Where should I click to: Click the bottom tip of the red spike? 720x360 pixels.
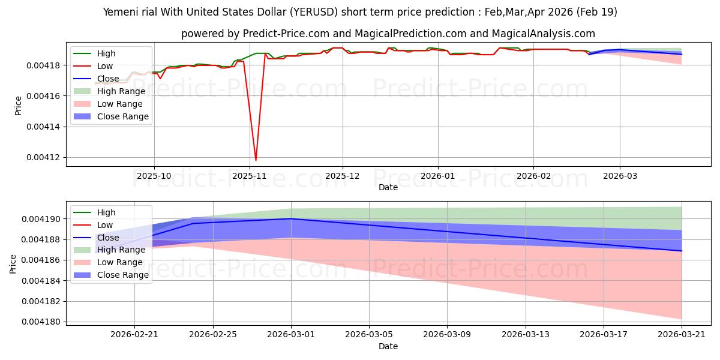[256, 160]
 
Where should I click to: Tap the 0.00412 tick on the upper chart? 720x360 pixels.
[43, 157]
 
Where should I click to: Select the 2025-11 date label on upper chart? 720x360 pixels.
[250, 176]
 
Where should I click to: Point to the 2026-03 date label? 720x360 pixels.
[620, 176]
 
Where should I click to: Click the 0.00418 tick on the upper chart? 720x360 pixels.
[43, 65]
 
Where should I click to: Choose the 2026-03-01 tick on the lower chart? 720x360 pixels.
[291, 335]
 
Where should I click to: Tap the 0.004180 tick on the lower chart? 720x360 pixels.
[41, 322]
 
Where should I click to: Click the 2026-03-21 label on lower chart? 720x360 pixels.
[682, 335]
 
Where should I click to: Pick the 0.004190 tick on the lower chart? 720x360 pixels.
[41, 219]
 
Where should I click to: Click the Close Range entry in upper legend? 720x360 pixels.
[123, 116]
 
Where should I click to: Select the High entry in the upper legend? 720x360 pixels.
[106, 53]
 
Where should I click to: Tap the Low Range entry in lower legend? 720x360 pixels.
[119, 263]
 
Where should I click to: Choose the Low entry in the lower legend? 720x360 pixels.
[105, 226]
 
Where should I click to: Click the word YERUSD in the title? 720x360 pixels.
[314, 12]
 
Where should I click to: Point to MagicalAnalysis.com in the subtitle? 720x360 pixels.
[543, 34]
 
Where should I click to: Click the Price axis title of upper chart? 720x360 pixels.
[18, 106]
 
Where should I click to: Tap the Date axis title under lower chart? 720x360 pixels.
[388, 347]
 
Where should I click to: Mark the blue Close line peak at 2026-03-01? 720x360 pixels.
[291, 218]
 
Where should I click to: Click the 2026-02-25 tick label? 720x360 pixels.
[213, 335]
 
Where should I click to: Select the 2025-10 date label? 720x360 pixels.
[154, 176]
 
